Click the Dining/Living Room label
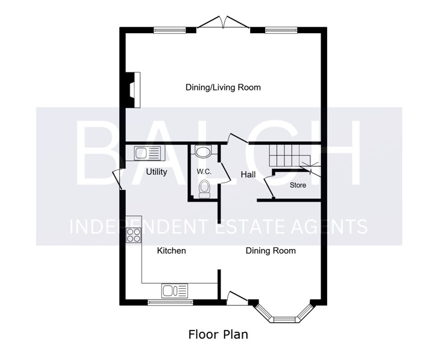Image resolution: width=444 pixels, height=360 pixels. tap(223, 87)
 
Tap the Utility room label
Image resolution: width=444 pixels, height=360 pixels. tap(156, 172)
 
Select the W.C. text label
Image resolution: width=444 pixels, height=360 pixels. tap(204, 172)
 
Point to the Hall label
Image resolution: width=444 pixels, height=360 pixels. tap(248, 175)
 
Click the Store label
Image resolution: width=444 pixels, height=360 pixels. tap(298, 185)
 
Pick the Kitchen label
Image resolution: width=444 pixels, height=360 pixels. tap(171, 251)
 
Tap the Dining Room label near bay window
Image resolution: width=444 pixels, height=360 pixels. tap(270, 251)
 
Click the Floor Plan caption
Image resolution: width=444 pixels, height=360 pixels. tap(218, 335)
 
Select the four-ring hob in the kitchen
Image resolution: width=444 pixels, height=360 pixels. tap(134, 235)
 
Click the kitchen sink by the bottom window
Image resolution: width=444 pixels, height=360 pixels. tap(175, 291)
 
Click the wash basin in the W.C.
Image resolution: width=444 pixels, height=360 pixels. tap(203, 151)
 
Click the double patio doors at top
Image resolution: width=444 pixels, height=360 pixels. tap(224, 22)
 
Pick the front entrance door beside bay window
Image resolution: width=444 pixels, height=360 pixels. tap(237, 298)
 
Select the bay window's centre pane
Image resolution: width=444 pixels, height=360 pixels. tap(284, 320)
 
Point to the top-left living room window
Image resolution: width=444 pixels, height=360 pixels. tap(170, 30)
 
